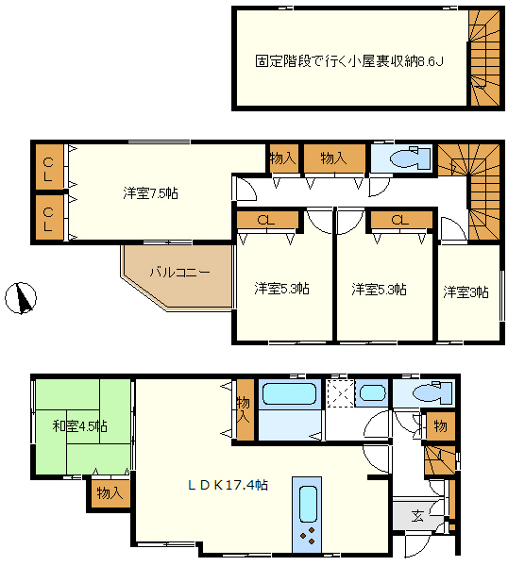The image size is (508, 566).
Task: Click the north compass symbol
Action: (21, 298)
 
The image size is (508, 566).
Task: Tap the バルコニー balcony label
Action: (179, 272)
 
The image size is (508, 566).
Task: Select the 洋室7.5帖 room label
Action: (150, 193)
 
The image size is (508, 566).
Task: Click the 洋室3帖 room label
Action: (466, 291)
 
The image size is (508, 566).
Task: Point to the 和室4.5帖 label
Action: (80, 426)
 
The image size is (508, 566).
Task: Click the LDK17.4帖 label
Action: (228, 485)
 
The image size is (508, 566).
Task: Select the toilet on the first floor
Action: (432, 392)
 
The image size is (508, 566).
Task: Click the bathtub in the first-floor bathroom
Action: (289, 393)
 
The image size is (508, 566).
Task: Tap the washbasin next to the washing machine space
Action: (372, 392)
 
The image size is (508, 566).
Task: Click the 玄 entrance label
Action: (417, 516)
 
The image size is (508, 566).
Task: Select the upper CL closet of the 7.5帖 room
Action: (48, 167)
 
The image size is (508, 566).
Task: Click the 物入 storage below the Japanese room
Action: (109, 493)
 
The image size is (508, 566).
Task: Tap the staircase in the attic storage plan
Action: (484, 58)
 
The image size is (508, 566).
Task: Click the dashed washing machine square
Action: (340, 393)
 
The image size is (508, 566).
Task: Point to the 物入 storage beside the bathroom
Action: (245, 409)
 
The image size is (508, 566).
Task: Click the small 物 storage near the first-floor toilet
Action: (440, 426)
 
